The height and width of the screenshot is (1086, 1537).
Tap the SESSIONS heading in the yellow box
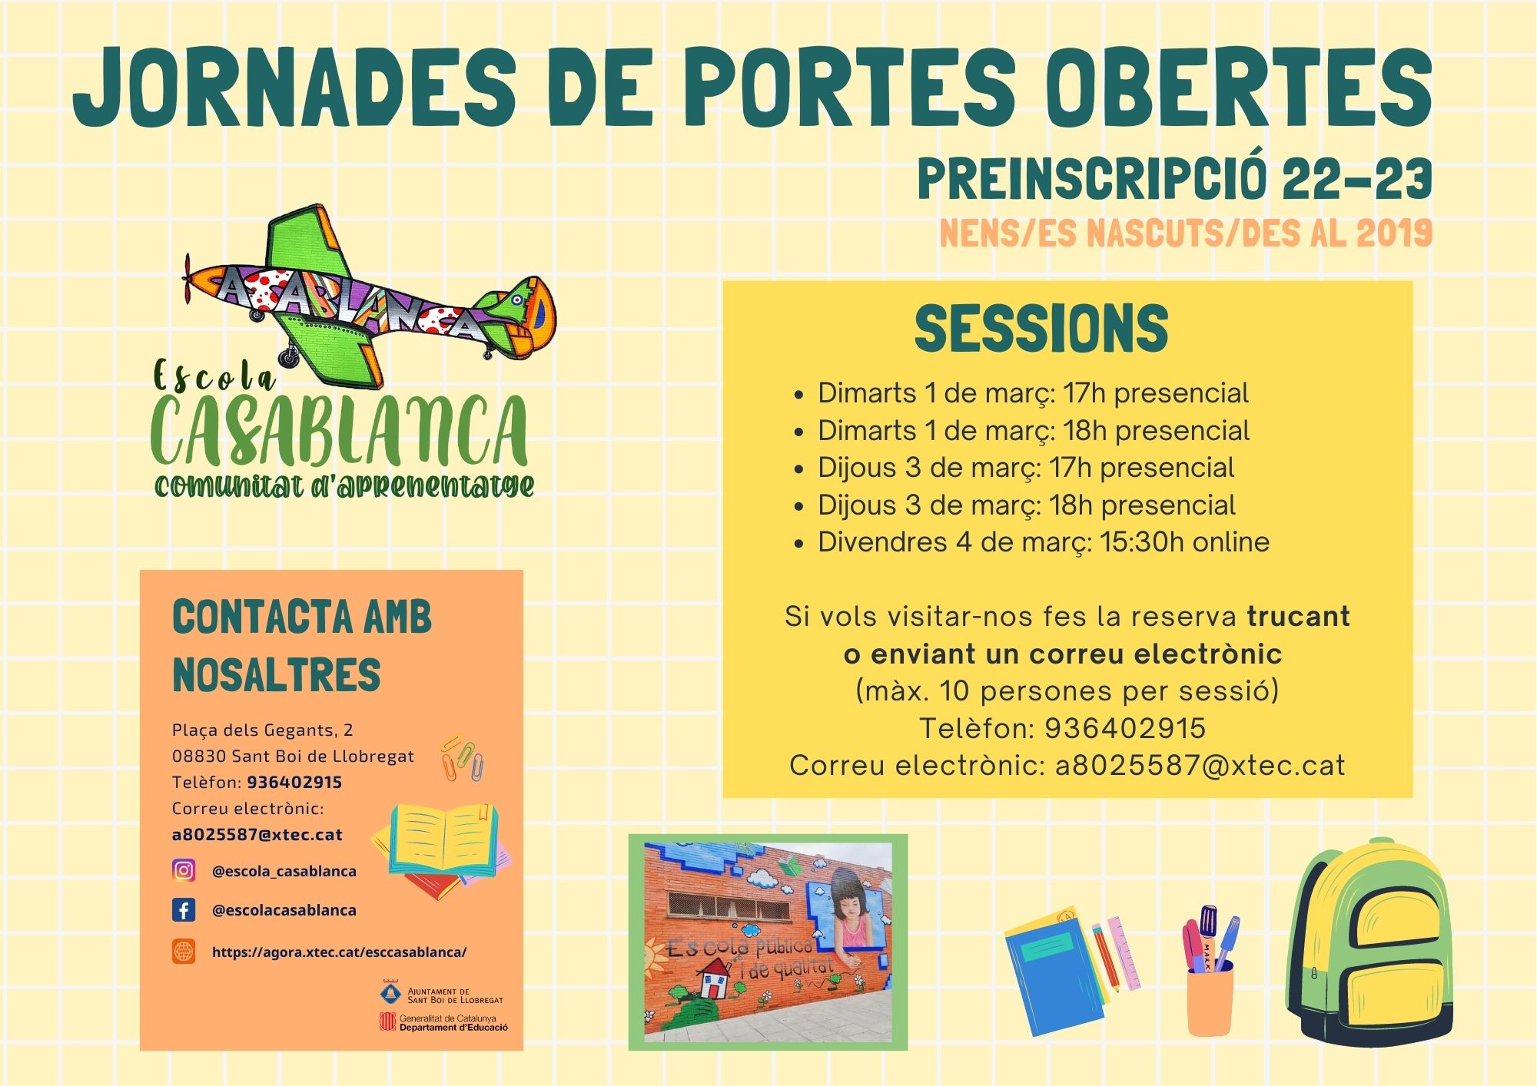(1041, 329)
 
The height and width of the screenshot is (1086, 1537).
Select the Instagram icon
(184, 870)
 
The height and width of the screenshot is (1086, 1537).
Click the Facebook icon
(184, 910)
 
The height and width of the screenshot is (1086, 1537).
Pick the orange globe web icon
(184, 951)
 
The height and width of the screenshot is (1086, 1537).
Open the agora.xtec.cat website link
(339, 952)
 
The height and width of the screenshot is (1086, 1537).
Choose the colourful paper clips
(462, 758)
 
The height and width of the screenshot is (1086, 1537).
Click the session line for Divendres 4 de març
(1043, 542)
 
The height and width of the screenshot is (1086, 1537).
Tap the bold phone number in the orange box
(294, 782)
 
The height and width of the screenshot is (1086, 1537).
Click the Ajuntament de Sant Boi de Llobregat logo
(442, 995)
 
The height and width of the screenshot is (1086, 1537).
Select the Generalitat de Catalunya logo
(443, 1022)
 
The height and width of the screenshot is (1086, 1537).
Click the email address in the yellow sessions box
(1200, 766)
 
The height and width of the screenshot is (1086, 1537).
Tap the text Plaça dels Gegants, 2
(262, 730)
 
